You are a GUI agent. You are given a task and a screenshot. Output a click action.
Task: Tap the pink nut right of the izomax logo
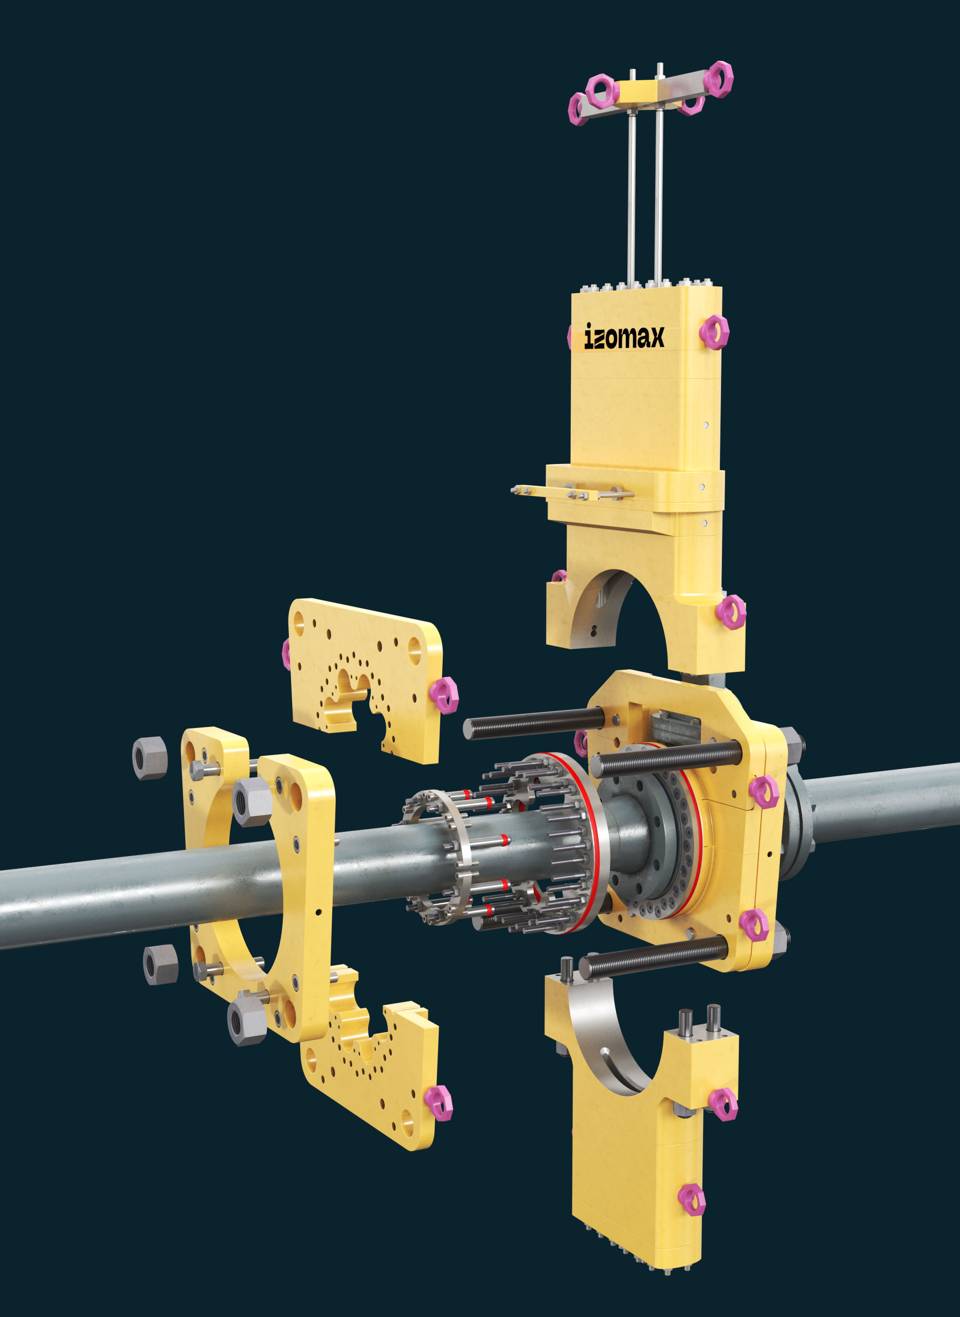pyautogui.click(x=714, y=332)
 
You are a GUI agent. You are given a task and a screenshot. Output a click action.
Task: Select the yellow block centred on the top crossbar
pyautogui.click(x=640, y=93)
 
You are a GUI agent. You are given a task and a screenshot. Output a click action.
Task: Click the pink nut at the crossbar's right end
pyautogui.click(x=719, y=79)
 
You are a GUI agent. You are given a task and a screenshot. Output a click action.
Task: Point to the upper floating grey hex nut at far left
pyautogui.click(x=150, y=758)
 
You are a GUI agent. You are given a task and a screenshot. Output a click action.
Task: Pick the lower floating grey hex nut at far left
pyautogui.click(x=160, y=964)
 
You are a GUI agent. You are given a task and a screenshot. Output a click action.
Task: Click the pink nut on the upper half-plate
pyautogui.click(x=444, y=696)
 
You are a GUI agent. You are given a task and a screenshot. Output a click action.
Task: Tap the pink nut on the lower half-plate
pyautogui.click(x=438, y=1103)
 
